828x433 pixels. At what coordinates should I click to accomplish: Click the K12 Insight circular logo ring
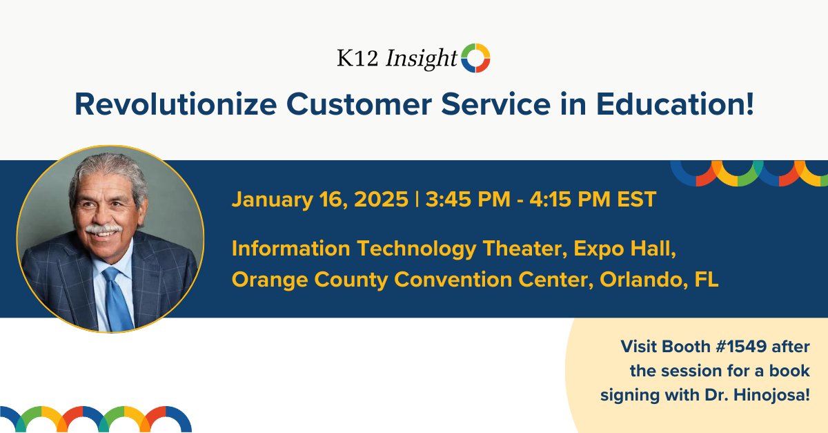[x=475, y=58]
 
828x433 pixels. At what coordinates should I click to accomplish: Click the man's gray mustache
[x=104, y=228]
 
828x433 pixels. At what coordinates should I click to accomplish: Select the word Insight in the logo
[x=421, y=60]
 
